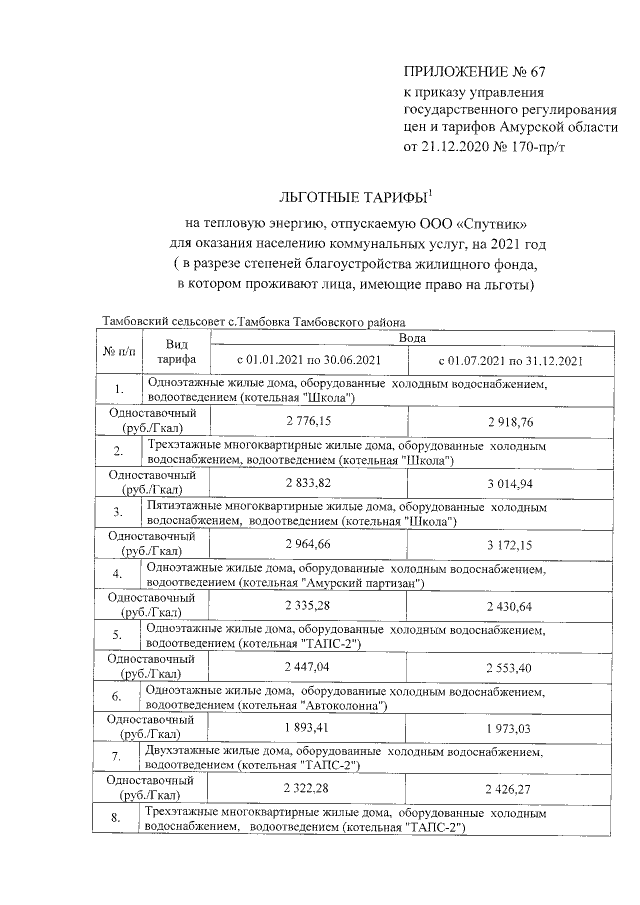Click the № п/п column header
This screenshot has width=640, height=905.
[x=118, y=352]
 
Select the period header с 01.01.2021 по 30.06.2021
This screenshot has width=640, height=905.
[x=308, y=360]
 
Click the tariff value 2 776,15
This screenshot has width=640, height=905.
[x=308, y=421]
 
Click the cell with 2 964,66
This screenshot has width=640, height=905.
[x=308, y=544]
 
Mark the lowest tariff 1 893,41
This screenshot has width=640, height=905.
[x=308, y=727]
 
